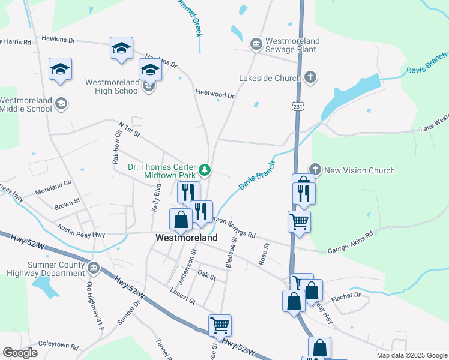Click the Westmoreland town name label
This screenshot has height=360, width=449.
[x=187, y=238]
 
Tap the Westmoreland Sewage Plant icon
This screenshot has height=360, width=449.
[x=256, y=44]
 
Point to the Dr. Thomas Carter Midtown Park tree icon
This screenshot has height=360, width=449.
[x=205, y=170]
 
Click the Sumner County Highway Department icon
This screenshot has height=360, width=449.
[x=93, y=268]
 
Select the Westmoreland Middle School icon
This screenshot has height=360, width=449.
[x=61, y=104]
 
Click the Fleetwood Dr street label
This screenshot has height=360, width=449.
[x=214, y=94]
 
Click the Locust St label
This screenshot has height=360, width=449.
[x=183, y=298]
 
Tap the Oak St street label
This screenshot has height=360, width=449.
[x=206, y=275]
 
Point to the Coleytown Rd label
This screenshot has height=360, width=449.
[x=58, y=347]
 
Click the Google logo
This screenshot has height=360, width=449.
[x=20, y=353]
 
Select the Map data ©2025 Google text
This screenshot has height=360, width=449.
[x=411, y=355]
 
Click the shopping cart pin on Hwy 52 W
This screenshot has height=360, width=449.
[x=220, y=325]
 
